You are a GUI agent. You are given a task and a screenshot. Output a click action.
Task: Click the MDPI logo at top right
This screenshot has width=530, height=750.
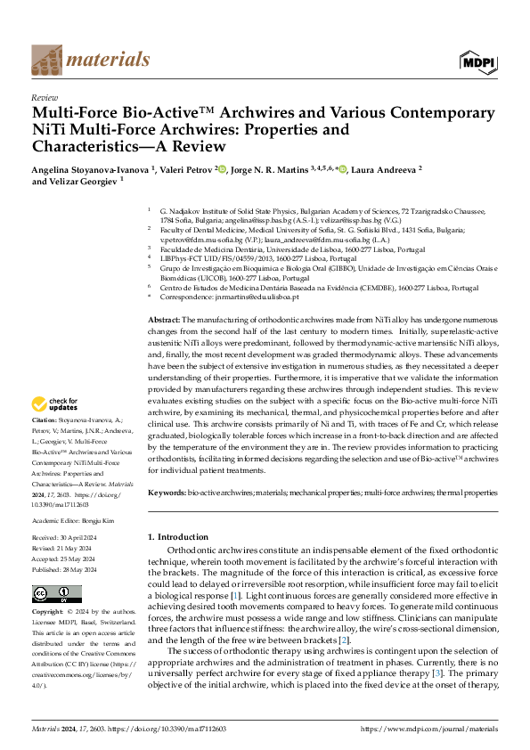click(x=478, y=60)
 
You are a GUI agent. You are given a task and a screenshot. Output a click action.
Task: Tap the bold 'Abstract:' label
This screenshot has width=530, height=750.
click(x=163, y=343)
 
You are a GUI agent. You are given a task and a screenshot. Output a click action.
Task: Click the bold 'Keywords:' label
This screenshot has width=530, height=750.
click(x=167, y=492)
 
